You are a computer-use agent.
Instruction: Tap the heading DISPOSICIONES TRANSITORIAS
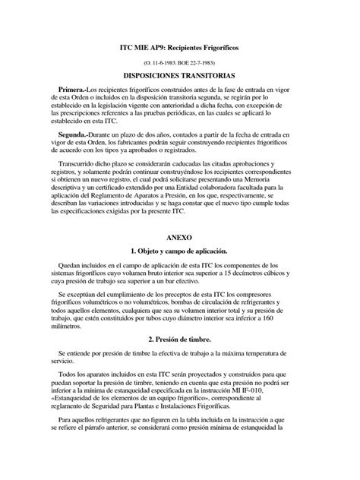pos(179,77)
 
